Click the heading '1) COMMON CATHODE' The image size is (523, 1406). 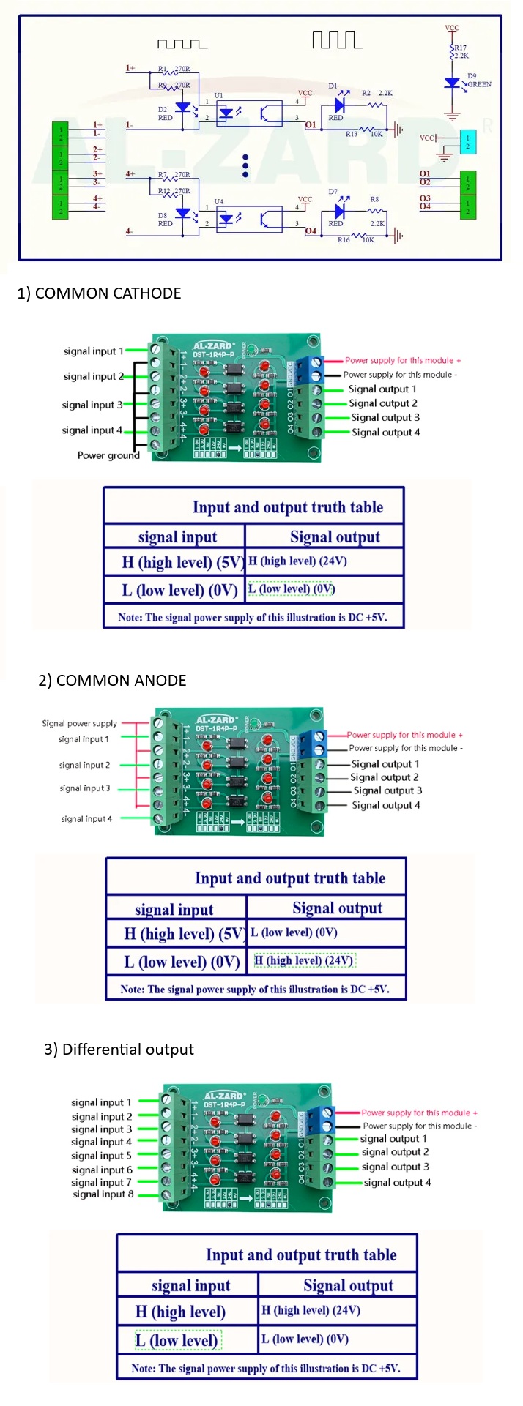(x=99, y=293)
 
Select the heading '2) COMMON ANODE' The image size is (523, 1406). (x=112, y=681)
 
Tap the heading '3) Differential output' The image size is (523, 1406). (x=119, y=1050)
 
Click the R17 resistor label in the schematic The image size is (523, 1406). (x=460, y=48)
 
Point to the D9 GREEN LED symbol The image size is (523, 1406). (x=453, y=83)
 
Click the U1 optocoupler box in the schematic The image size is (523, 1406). (x=249, y=113)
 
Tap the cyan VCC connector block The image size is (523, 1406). (x=467, y=142)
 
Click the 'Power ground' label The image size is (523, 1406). (x=108, y=455)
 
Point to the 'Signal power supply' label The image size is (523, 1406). (x=79, y=723)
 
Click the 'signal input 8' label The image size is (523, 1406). (x=103, y=1194)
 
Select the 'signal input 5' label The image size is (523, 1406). (x=101, y=1156)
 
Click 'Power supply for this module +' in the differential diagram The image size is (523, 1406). (x=419, y=1113)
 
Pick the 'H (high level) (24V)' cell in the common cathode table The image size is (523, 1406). (x=297, y=561)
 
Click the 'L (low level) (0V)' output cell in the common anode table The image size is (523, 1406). (x=294, y=932)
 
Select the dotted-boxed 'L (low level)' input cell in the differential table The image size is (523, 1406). (x=177, y=1340)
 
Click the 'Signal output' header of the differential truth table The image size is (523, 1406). (x=348, y=1285)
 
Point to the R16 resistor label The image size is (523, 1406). (x=344, y=240)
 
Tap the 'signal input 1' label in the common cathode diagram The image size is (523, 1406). (x=93, y=351)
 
